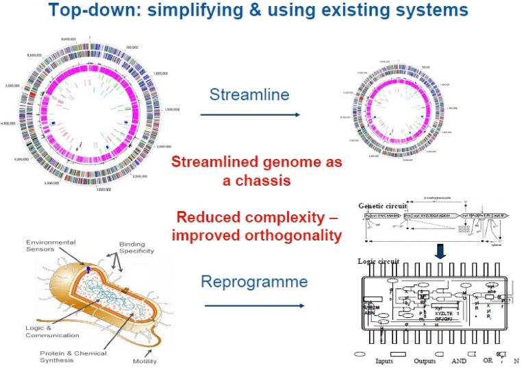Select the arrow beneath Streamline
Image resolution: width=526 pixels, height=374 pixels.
click(250, 114)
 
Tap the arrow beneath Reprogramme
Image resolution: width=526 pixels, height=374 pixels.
click(253, 306)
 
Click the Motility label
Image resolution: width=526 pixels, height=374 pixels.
click(145, 361)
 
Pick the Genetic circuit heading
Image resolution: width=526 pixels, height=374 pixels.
click(382, 205)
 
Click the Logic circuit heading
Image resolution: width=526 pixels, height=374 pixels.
click(377, 261)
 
